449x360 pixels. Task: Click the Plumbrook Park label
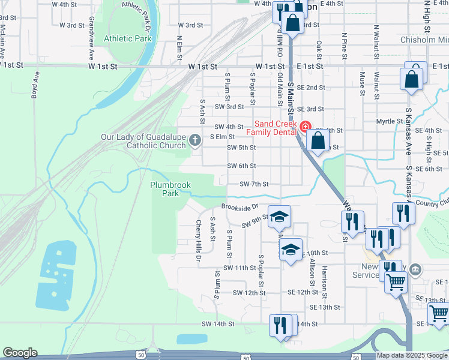coord(170,190)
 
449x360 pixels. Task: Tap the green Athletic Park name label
coord(127,38)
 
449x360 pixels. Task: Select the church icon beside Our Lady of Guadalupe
coord(194,140)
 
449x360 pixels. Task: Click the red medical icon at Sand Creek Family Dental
coord(305,127)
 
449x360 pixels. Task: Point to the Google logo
coord(20,353)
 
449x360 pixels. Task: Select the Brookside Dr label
coord(239,206)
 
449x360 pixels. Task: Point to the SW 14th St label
coord(217,324)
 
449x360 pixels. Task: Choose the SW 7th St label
coord(253,184)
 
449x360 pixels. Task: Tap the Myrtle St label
coord(389,122)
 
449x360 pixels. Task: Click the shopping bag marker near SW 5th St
coord(318,142)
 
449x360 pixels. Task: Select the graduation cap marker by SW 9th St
coord(278,217)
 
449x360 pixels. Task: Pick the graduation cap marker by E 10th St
coord(291,249)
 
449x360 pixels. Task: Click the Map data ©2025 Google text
coord(412,355)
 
